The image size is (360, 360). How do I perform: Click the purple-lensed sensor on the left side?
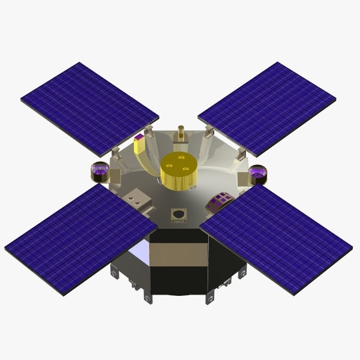click(x=101, y=173)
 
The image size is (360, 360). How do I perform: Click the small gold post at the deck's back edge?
click(x=180, y=134)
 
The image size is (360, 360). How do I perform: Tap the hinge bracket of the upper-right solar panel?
click(x=208, y=133)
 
